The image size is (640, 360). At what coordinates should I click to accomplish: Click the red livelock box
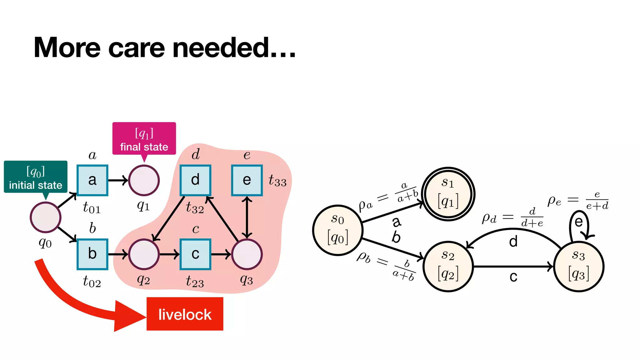click(x=185, y=314)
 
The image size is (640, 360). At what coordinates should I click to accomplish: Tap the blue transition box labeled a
click(x=92, y=180)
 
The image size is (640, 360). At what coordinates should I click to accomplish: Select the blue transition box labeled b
click(x=92, y=254)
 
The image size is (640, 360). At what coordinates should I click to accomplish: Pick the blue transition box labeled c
click(x=195, y=254)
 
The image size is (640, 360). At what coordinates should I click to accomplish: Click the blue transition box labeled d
click(x=195, y=180)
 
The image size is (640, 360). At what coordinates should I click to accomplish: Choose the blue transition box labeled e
click(x=247, y=180)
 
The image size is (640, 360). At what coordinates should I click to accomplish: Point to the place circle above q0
click(x=46, y=217)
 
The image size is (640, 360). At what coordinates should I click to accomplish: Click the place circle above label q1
click(x=144, y=180)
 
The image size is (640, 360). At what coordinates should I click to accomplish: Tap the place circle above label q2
click(x=144, y=254)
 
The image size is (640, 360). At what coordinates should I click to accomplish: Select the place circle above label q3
click(x=247, y=254)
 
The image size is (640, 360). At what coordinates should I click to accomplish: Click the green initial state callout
click(x=36, y=177)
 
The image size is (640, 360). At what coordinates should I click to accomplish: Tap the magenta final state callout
click(x=144, y=138)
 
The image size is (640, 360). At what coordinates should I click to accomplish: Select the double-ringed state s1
click(x=448, y=194)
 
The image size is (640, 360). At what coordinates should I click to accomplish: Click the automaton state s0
click(x=338, y=230)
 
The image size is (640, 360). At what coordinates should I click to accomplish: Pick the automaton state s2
click(x=448, y=267)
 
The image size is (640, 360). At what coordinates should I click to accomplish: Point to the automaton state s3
click(x=579, y=267)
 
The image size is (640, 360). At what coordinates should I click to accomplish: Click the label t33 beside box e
click(x=277, y=181)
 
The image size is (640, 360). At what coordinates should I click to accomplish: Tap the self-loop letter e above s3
click(x=579, y=222)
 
